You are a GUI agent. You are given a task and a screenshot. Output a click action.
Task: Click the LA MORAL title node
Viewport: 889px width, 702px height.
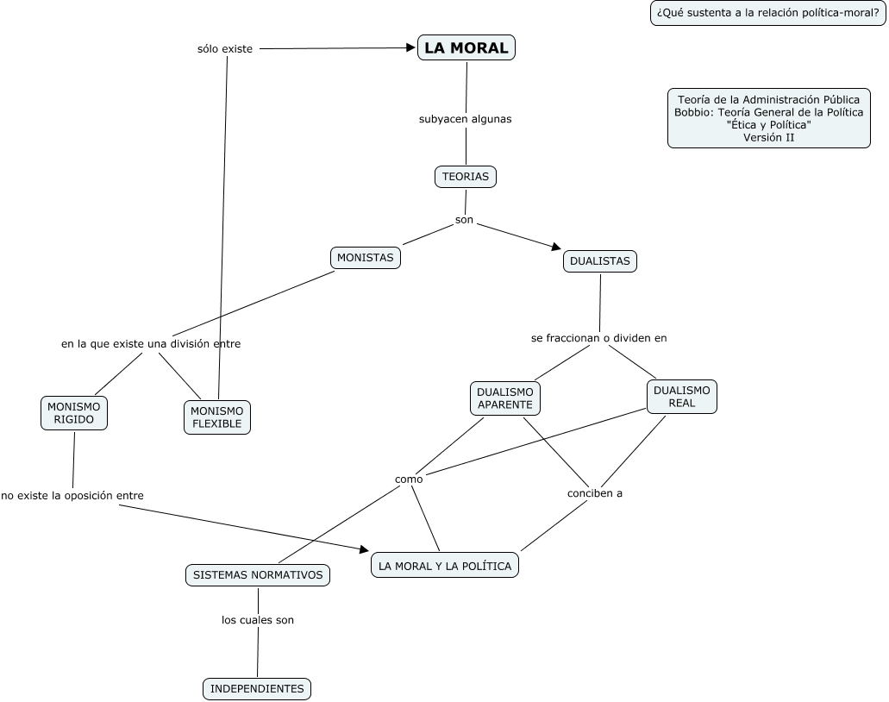pos(466,47)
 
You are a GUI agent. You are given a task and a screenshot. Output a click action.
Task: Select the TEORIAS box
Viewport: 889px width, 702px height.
pos(466,176)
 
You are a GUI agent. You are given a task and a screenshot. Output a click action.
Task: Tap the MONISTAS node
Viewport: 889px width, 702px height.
pos(365,258)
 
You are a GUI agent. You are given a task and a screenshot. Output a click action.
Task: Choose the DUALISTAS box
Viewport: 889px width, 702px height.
pos(600,260)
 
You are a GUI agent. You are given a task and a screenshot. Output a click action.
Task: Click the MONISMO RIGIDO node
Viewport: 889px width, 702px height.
pos(73,413)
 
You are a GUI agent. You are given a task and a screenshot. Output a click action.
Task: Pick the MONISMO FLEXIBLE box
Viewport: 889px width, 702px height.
pos(217,417)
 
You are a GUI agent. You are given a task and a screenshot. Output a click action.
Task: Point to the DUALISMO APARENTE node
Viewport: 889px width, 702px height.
pos(504,398)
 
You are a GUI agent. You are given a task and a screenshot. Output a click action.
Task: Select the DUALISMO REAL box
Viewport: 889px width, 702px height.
pos(681,397)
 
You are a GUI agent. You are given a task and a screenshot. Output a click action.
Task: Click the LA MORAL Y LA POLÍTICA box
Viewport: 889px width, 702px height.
pos(445,566)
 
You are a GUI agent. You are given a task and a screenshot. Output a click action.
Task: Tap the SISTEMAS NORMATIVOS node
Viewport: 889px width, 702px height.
pos(258,575)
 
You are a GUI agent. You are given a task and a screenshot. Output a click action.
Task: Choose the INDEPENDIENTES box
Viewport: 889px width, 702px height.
pos(257,689)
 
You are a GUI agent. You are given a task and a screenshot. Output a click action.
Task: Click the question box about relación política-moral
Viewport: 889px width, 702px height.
pos(767,13)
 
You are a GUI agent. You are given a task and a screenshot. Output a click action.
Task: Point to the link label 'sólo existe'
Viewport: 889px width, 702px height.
pos(225,49)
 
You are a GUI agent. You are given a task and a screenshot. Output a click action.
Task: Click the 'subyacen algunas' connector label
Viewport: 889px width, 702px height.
pos(466,119)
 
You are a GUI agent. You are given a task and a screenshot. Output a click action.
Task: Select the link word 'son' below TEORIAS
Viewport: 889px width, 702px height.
pos(465,220)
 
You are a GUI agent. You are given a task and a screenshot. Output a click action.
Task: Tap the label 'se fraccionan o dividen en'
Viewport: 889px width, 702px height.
pos(598,338)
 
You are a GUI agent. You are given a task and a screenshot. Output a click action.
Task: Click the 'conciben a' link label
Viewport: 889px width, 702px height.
pos(595,493)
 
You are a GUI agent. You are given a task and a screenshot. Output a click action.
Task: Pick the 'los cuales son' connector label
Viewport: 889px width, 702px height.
pos(258,620)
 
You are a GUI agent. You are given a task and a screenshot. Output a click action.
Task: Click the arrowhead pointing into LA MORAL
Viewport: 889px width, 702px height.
pos(411,48)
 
